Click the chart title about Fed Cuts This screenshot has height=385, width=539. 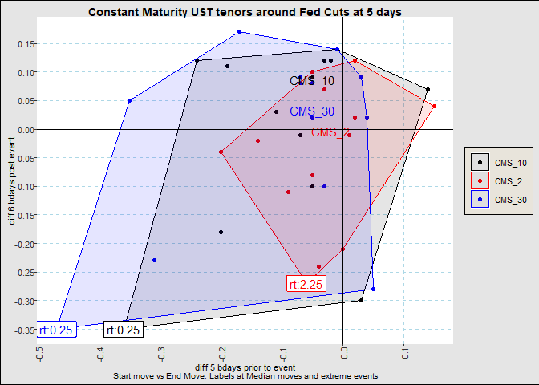click(245, 13)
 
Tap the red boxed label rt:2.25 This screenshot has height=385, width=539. click(306, 284)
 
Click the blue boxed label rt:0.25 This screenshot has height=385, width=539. click(55, 330)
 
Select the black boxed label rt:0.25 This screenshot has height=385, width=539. click(124, 330)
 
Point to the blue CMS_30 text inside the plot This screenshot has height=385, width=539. click(312, 111)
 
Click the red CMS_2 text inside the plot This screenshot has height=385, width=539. click(330, 132)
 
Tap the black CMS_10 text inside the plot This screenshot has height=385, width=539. click(312, 81)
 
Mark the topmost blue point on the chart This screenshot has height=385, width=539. click(239, 32)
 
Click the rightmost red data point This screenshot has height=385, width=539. click(434, 106)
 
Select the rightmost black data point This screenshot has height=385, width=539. click(428, 89)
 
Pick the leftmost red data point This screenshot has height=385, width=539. click(221, 152)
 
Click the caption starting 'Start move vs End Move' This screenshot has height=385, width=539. click(245, 375)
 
